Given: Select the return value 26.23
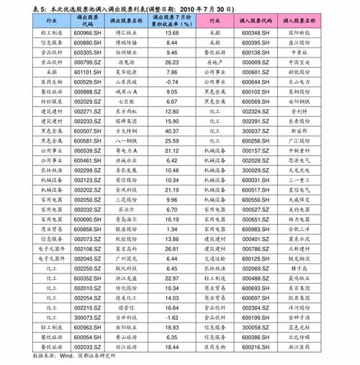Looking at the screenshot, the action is [x=171, y=63].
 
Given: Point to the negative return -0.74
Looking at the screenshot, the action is [x=171, y=82].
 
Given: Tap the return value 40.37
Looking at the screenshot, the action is [x=171, y=131].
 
